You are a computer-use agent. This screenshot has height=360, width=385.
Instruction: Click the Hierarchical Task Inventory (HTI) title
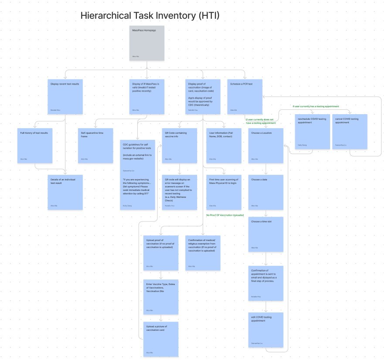150,16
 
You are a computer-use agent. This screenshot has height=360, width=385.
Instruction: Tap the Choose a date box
266,192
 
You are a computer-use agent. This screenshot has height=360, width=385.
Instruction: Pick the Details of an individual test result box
65,192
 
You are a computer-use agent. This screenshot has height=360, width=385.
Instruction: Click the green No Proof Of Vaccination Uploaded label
225,215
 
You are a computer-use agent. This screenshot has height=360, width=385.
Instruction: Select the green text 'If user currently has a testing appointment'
316,106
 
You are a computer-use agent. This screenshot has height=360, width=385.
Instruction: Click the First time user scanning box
224,192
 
